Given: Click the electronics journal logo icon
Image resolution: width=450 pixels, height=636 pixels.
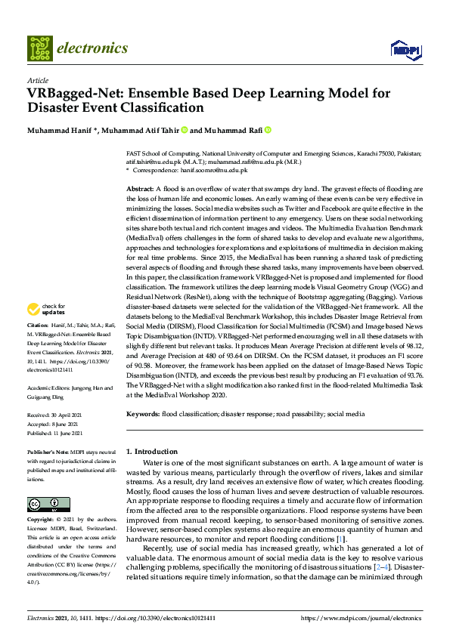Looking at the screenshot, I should [39, 48].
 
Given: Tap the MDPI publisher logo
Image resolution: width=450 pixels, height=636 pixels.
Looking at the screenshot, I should [405, 49].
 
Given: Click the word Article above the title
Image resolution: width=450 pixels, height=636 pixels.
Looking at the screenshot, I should [37, 80].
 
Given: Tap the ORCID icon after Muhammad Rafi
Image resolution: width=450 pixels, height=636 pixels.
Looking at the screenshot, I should [267, 130].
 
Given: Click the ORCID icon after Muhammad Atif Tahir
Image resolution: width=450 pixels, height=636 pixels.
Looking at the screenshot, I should [184, 130].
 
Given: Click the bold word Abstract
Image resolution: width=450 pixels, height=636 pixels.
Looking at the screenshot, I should [139, 187].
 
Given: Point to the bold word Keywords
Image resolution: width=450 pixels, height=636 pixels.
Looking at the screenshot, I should [142, 414].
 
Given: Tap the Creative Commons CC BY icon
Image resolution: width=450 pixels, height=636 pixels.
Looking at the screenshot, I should [43, 504].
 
